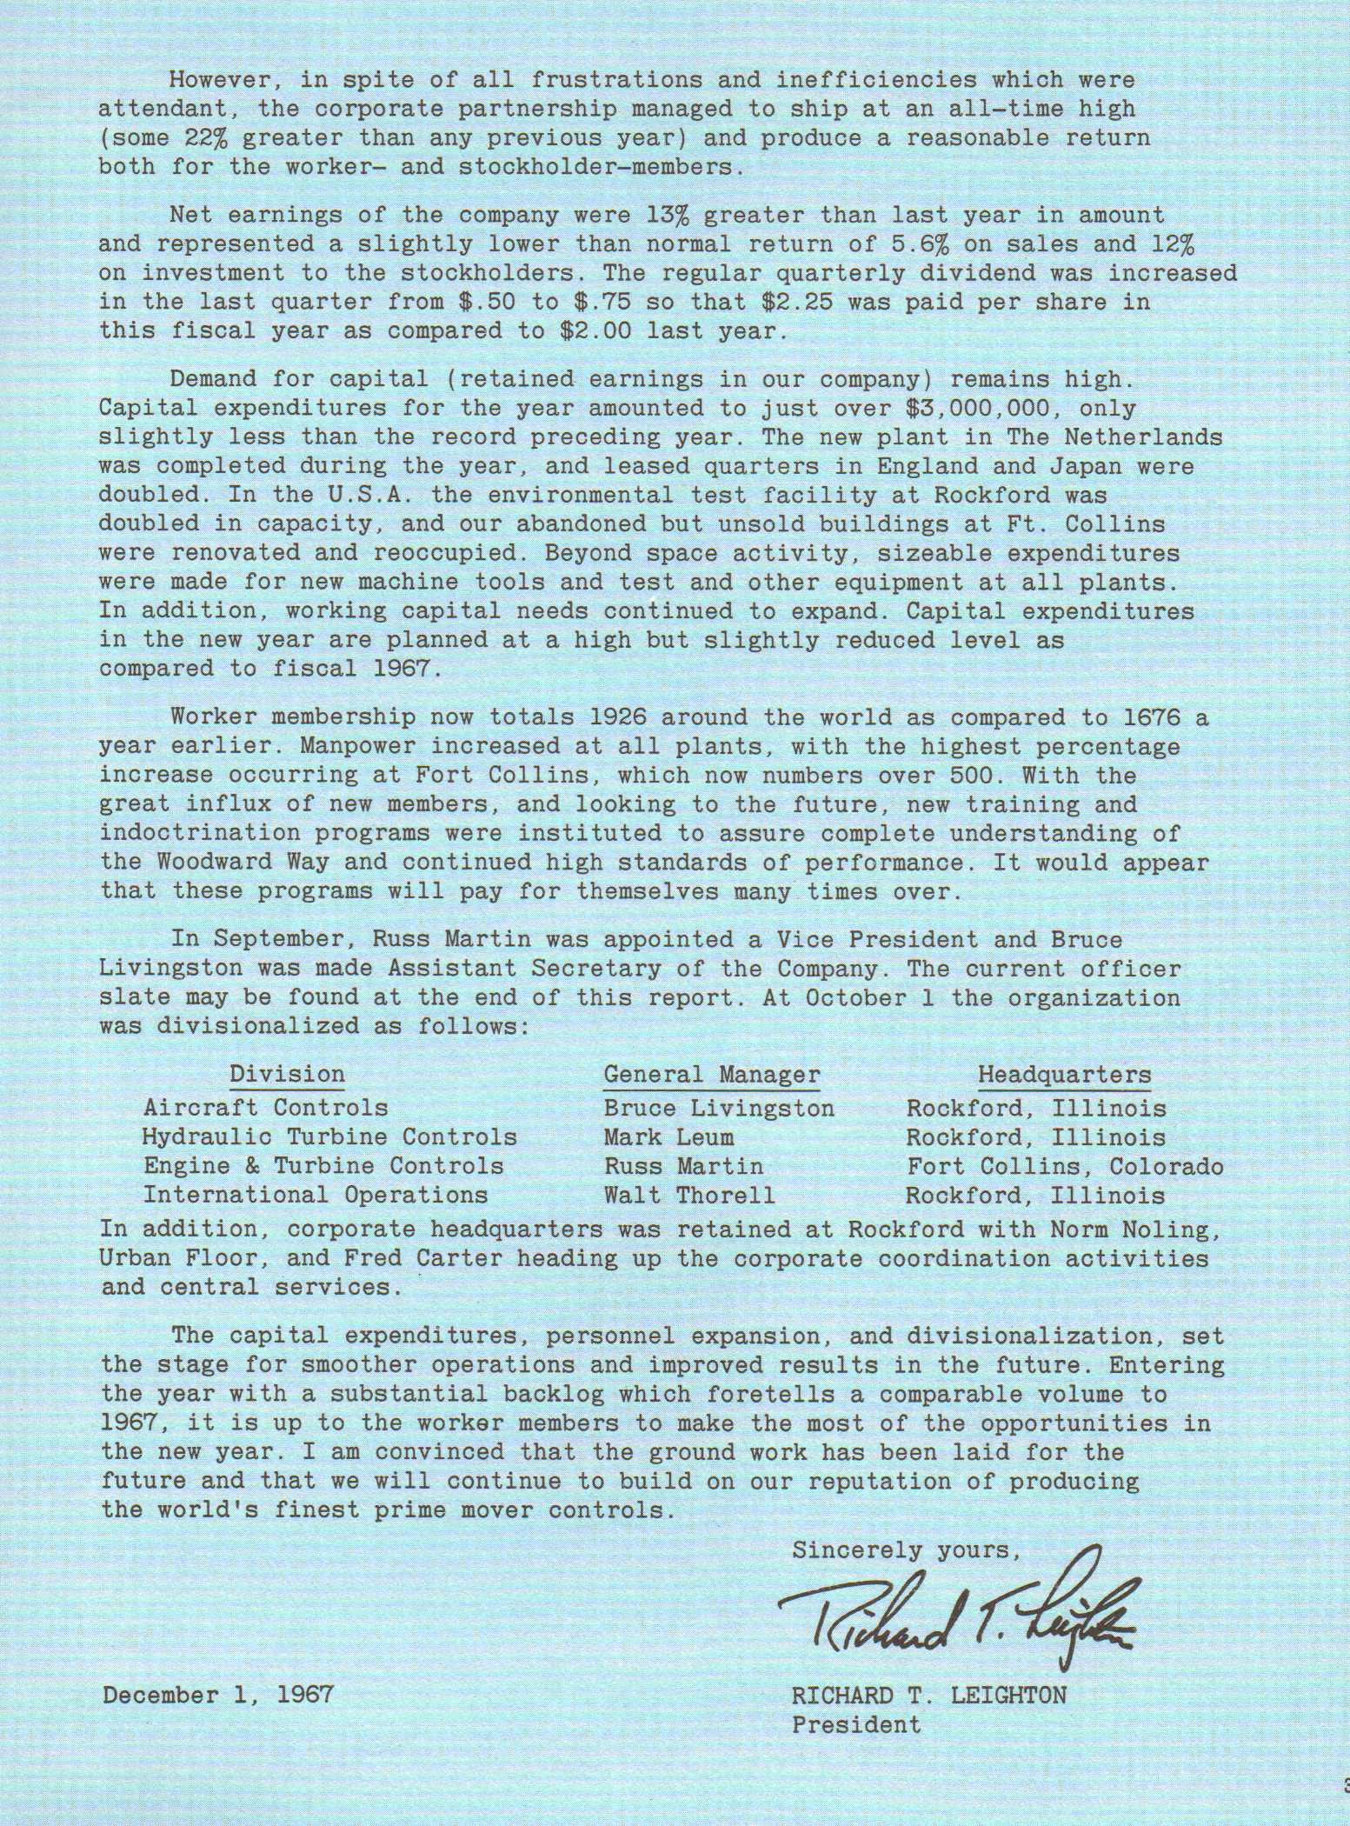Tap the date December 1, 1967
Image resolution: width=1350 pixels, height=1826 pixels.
pos(218,1695)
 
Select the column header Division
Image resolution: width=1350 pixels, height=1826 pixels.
pos(287,1075)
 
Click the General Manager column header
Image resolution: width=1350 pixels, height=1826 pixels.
pos(711,1075)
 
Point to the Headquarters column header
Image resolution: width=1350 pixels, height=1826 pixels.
pos(1064,1075)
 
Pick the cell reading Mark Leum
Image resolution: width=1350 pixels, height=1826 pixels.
pos(668,1137)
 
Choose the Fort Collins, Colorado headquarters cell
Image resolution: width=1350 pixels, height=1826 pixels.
pos(1065,1166)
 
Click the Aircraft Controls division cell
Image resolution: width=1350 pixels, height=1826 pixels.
pos(265,1108)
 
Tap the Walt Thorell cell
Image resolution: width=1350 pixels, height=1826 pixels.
pos(688,1196)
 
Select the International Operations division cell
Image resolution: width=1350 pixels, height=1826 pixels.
pos(316,1196)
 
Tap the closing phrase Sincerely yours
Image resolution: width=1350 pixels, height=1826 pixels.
pos(904,1550)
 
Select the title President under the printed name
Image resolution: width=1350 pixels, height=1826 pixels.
pos(855,1724)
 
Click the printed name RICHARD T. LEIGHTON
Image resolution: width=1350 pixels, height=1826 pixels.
pos(928,1695)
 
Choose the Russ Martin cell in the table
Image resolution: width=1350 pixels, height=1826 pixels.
pos(683,1166)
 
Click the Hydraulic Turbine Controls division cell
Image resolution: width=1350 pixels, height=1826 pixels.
pos(329,1137)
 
